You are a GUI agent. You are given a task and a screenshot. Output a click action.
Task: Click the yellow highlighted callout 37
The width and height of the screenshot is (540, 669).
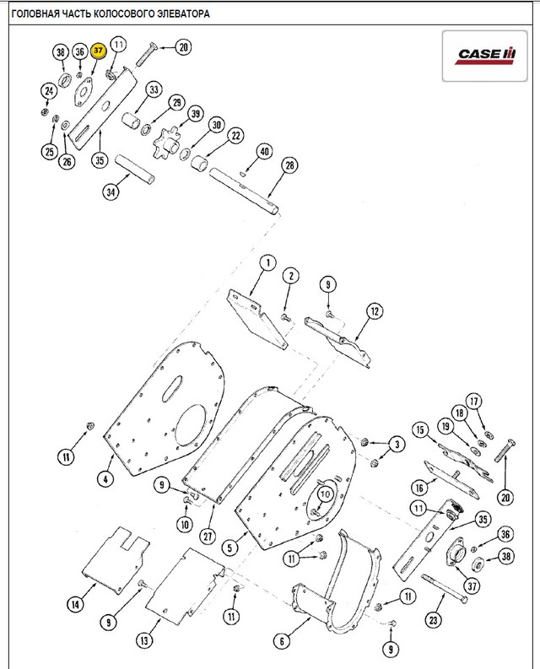click(98, 51)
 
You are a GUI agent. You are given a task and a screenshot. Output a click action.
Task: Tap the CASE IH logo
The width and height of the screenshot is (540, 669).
click(485, 56)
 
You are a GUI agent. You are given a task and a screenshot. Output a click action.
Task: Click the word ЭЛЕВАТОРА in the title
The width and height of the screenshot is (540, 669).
click(184, 13)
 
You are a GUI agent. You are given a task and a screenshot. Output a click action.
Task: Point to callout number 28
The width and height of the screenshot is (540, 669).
click(290, 165)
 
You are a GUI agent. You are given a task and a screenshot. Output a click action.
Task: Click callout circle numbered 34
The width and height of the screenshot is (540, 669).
click(111, 192)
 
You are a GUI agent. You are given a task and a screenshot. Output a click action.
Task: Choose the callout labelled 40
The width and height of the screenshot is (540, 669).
click(265, 152)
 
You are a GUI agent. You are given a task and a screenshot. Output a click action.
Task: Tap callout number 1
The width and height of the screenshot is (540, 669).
click(268, 263)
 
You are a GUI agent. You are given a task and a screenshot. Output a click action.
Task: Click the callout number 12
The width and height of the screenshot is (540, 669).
click(375, 311)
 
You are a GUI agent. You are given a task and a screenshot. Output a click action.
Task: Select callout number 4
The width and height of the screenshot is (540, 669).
click(105, 478)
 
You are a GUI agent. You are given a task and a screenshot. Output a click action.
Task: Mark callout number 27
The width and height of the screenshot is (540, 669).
click(208, 536)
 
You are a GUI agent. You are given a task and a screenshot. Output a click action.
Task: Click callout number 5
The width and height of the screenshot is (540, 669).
click(230, 547)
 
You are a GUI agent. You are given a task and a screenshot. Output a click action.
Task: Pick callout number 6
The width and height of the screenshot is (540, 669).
click(282, 641)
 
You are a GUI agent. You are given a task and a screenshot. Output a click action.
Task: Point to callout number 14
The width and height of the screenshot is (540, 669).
click(76, 604)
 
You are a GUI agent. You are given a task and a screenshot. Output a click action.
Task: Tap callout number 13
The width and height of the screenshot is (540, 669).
click(144, 640)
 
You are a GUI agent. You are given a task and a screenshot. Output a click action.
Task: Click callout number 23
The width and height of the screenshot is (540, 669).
click(434, 619)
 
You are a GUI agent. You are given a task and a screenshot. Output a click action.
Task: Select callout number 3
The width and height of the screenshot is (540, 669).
click(397, 444)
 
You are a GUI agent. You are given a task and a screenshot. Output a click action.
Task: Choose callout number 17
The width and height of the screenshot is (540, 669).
click(474, 401)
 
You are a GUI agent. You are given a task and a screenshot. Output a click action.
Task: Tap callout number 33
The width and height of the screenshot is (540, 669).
click(154, 90)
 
